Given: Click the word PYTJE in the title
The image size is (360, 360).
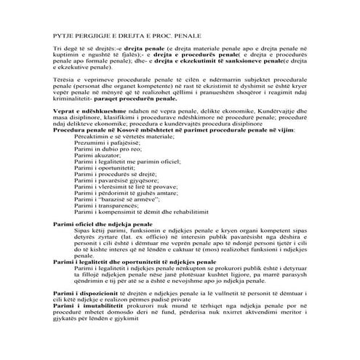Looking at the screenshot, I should [64, 35].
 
